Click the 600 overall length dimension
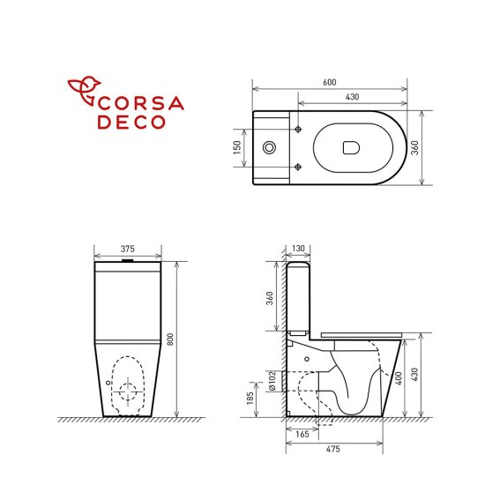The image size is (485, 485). pyautogui.click(x=329, y=82)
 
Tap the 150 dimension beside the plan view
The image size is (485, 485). pyautogui.click(x=237, y=146)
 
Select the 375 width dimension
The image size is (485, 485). pyautogui.click(x=128, y=249)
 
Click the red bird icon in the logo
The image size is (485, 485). pyautogui.click(x=86, y=91)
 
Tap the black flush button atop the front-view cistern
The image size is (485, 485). pyautogui.click(x=129, y=261)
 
